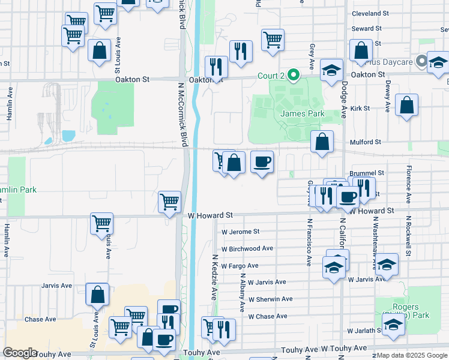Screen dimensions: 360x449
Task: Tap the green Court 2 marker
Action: (294, 76)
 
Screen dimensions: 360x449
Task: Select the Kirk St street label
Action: (360, 109)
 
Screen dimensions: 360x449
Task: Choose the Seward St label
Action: (366, 28)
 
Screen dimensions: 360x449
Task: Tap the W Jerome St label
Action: (240, 232)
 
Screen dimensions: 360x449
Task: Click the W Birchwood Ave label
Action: (247, 248)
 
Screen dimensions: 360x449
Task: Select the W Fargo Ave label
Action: (240, 266)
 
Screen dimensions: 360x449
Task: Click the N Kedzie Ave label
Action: (214, 277)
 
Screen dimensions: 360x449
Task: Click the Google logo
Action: (20, 353)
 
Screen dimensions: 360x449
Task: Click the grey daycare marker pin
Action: (422, 61)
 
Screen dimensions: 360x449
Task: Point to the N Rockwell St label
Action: (408, 236)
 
